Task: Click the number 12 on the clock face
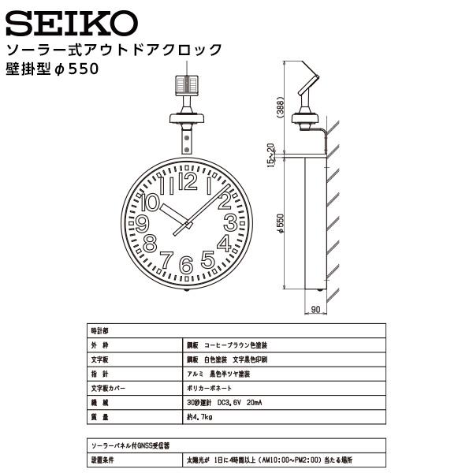pyautogui.click(x=188, y=183)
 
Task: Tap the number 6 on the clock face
pyautogui.click(x=186, y=265)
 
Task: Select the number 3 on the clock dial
pyautogui.click(x=230, y=222)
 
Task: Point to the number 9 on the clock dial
pyautogui.click(x=143, y=223)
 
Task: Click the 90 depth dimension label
pyautogui.click(x=315, y=310)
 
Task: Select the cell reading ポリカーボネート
pyautogui.click(x=209, y=386)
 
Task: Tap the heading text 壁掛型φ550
pyautogui.click(x=56, y=69)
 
